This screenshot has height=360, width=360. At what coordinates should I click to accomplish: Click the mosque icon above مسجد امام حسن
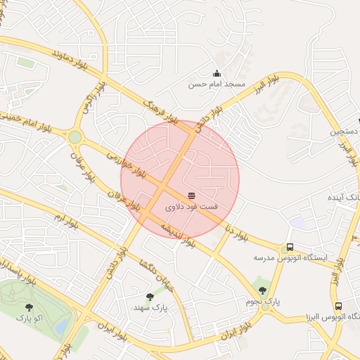[217, 73]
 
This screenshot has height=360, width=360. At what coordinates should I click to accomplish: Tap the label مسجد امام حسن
[217, 84]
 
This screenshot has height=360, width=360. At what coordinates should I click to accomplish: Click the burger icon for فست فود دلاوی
[192, 194]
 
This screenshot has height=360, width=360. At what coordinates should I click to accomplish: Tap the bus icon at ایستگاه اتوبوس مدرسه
[290, 247]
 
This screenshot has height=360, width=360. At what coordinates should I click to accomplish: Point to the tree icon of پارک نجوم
[262, 290]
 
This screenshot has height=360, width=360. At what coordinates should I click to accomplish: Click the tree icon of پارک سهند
[150, 297]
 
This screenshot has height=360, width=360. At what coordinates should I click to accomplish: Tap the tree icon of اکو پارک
[29, 307]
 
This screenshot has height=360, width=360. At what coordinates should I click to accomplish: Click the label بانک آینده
[343, 198]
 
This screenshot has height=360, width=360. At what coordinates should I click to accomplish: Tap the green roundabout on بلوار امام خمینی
[75, 136]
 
